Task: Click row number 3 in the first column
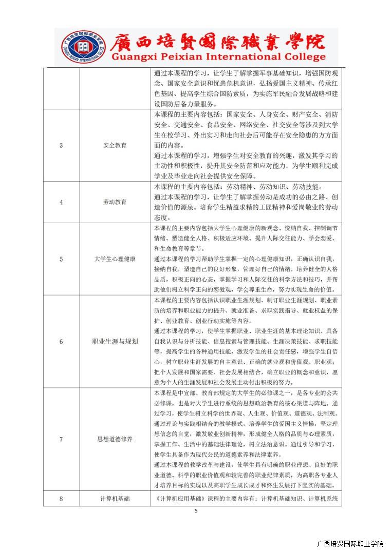(61, 145)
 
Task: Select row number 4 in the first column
(61, 202)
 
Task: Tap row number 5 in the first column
(61, 259)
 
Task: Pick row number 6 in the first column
(61, 342)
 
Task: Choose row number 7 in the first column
(61, 439)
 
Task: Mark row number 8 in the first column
(61, 498)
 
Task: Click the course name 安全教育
(115, 145)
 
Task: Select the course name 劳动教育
(115, 202)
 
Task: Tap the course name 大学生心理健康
(115, 259)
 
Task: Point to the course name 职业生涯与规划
(115, 342)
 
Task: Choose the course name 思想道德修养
(115, 439)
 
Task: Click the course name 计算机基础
(115, 498)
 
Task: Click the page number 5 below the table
(196, 511)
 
